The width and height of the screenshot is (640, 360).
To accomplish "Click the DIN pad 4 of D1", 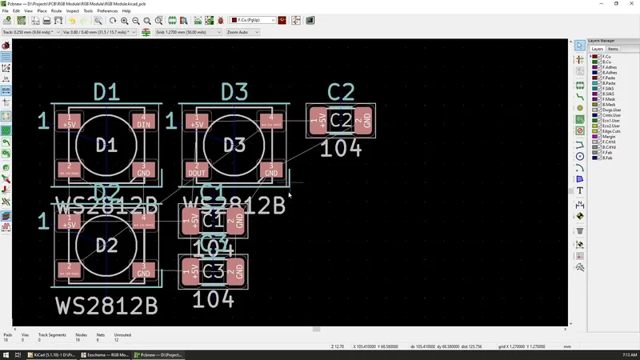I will (144, 122).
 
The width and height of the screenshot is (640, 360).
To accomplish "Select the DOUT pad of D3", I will (196, 170).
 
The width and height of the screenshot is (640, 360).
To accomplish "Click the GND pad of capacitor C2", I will (364, 120).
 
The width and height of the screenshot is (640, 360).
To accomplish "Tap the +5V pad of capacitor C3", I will (191, 272).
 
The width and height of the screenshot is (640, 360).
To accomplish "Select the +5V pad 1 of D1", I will (69, 122).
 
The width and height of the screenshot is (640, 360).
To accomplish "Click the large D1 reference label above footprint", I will (106, 91).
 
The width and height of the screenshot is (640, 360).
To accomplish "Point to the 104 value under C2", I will (341, 148).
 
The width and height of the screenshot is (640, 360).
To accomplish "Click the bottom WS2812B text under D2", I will (106, 306).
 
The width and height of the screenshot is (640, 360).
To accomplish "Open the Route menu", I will (57, 11).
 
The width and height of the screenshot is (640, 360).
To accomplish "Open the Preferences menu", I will (107, 11).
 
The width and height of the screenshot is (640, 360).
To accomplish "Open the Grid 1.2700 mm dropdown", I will (189, 32).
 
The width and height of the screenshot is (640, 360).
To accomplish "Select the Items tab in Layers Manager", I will (613, 49).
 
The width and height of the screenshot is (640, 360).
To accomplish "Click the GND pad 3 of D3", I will (272, 170).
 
